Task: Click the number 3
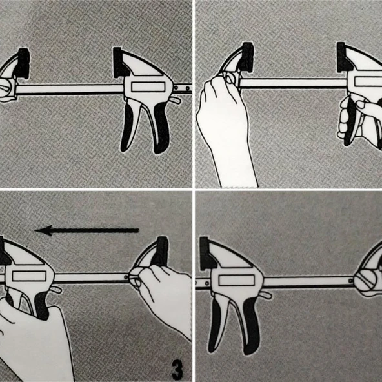point(177,370)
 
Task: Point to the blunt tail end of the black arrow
point(138,230)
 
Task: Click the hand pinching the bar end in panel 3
point(161,295)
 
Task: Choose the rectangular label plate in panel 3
point(29,276)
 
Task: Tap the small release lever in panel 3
point(57,290)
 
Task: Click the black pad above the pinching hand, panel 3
point(161,251)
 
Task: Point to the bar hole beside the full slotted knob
point(351,281)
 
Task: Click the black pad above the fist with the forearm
point(247,57)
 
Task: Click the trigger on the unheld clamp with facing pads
point(130,126)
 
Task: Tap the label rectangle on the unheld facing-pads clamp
point(148,87)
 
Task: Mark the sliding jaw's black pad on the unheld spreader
point(206,254)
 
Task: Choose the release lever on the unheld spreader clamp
point(266,296)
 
